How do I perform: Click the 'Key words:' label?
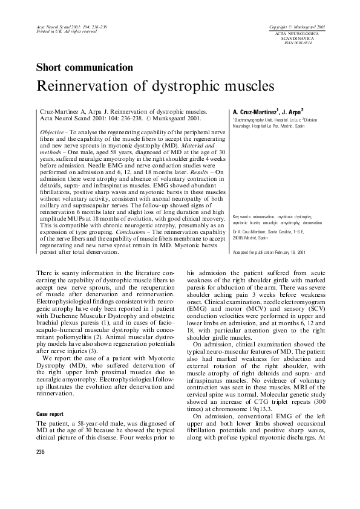coord(241,215)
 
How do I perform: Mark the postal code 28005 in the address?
coord(240,238)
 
